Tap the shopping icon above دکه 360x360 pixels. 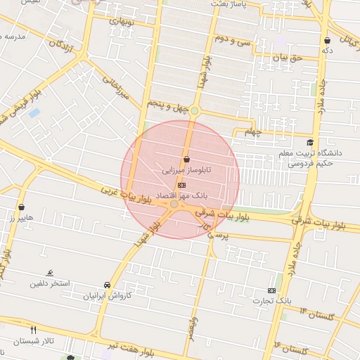tap(327, 40)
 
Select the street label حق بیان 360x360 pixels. tap(288, 58)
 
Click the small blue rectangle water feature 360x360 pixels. tap(34, 112)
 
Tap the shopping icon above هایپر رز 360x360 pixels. tap(22, 207)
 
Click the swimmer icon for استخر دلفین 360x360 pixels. tap(49, 273)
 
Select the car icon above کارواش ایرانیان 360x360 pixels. tap(107, 285)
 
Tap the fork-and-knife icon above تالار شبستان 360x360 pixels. tap(32, 329)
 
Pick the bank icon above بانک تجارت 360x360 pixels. tap(272, 290)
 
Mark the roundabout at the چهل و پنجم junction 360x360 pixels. tap(195, 111)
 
